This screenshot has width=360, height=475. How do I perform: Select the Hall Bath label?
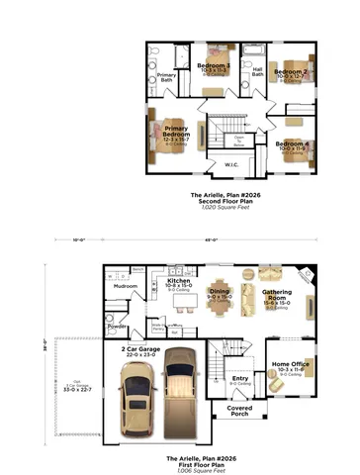(x=257, y=71)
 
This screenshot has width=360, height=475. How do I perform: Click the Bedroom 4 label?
(x=293, y=145)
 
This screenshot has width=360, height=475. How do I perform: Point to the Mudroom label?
(x=126, y=285)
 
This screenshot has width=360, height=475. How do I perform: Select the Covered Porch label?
(x=238, y=410)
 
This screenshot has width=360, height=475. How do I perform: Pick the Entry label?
(x=239, y=377)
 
